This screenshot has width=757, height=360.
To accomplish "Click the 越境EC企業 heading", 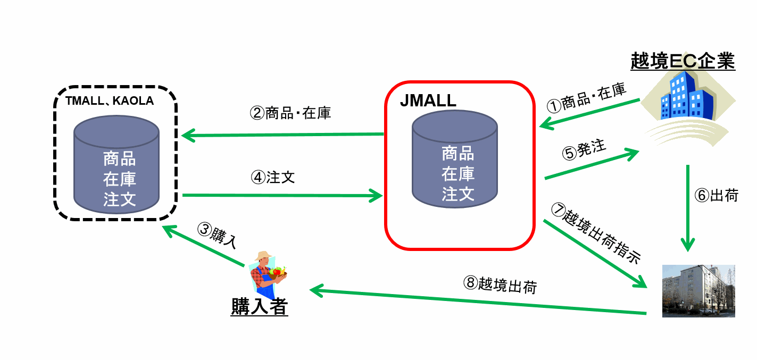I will [x=682, y=62].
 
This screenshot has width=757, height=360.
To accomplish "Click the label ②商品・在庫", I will [x=290, y=113].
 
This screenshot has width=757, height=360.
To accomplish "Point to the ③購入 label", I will [x=216, y=236].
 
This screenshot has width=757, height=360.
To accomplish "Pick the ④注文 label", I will [x=272, y=177].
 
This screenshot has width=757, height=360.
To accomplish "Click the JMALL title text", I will [x=428, y=101].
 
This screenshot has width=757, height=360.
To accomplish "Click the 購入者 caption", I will [x=259, y=307].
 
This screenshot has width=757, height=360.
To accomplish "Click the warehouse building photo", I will [x=698, y=290].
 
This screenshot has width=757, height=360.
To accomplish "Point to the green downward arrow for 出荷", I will [x=688, y=207].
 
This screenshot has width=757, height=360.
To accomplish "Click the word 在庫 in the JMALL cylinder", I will [x=458, y=174].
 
